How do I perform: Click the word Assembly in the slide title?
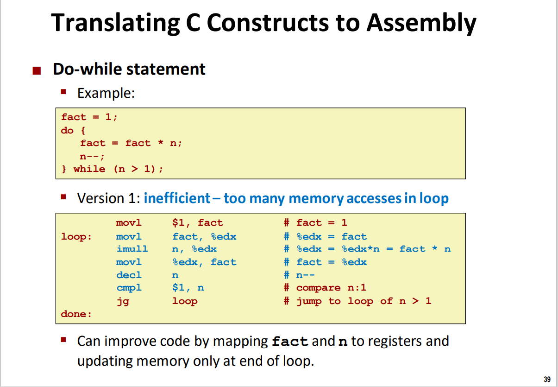[421, 23]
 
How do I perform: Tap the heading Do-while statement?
[129, 69]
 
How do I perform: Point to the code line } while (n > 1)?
[112, 169]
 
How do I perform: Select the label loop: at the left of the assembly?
[76, 237]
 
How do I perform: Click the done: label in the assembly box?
[76, 314]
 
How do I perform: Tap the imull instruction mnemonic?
[132, 249]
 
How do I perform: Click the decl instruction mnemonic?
[129, 275]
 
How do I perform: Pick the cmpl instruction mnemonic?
[129, 288]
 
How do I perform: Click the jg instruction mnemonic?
[123, 301]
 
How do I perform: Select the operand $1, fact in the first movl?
[197, 223]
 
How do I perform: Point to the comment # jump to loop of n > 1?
[357, 301]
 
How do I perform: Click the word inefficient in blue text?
[177, 198]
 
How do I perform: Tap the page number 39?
[547, 380]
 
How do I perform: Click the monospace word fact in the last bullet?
[290, 342]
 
